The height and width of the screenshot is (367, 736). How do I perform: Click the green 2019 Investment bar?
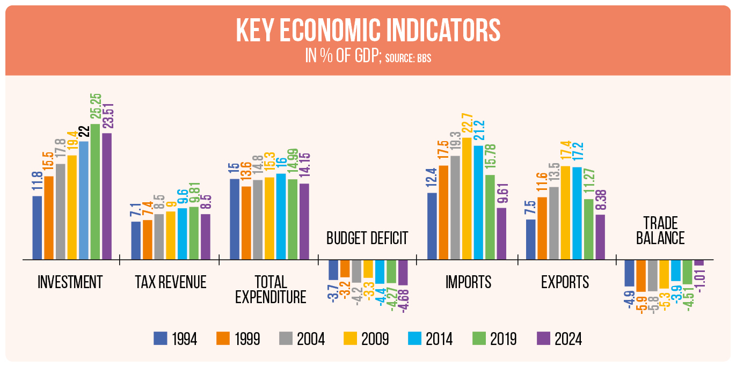pyautogui.click(x=95, y=192)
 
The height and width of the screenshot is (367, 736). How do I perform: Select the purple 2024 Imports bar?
pyautogui.click(x=501, y=233)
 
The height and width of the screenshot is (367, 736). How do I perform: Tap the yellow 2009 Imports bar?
pyautogui.click(x=467, y=199)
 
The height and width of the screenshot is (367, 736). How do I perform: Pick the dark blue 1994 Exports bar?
pyautogui.click(x=530, y=239)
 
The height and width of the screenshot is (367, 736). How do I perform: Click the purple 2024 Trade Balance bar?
pyautogui.click(x=698, y=263)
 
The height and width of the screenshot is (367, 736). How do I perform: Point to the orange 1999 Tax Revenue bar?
pyautogui.click(x=147, y=239)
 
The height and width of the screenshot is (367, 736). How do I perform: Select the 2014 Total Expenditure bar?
pyautogui.click(x=281, y=216)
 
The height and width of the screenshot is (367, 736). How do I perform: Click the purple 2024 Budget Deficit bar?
pyautogui.click(x=403, y=273)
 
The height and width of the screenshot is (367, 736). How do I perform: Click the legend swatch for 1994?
pyautogui.click(x=160, y=339)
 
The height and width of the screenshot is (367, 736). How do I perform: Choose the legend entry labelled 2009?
pyautogui.click(x=366, y=339)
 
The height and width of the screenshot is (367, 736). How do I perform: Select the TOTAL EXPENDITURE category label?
pyautogui.click(x=270, y=289)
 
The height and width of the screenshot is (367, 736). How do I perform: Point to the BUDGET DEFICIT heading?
pyautogui.click(x=367, y=238)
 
